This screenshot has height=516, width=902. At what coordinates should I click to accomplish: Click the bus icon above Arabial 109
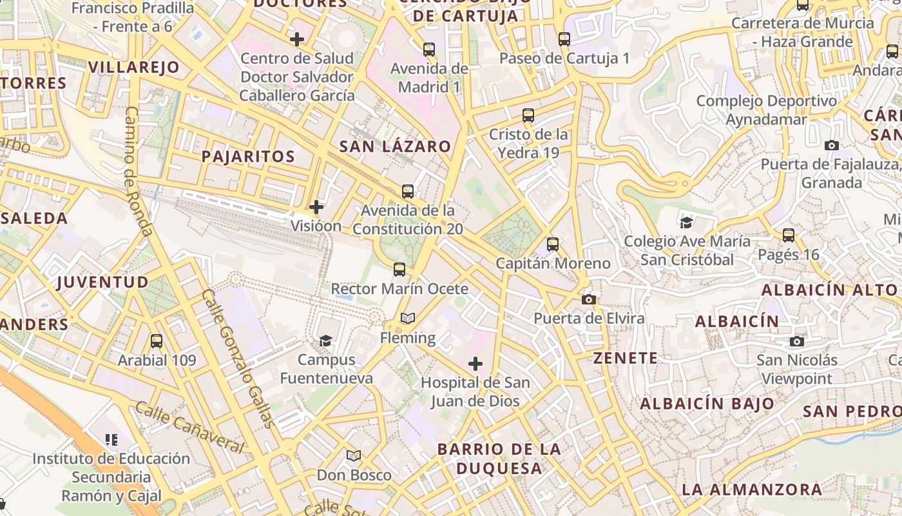pyautogui.click(x=156, y=341)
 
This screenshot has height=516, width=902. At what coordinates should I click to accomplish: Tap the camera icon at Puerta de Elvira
pyautogui.click(x=588, y=299)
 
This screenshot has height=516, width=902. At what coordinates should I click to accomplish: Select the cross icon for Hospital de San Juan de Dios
pyautogui.click(x=475, y=364)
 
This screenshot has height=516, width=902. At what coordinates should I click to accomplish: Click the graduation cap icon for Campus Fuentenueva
pyautogui.click(x=326, y=341)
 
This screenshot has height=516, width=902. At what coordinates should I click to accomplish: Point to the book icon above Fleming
pyautogui.click(x=407, y=318)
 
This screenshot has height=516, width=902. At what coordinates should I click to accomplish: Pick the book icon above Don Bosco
pyautogui.click(x=354, y=456)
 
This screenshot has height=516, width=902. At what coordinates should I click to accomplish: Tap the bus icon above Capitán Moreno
pyautogui.click(x=553, y=244)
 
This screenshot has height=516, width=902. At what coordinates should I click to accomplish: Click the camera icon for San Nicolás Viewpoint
pyautogui.click(x=797, y=341)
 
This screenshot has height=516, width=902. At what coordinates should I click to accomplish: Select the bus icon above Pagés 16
pyautogui.click(x=789, y=235)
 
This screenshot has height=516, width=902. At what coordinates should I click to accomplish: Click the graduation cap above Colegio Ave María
pyautogui.click(x=687, y=223)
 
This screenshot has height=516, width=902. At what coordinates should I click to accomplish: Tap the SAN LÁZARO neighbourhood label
pyautogui.click(x=395, y=146)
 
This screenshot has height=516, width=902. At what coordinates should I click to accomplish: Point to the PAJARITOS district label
pyautogui.click(x=248, y=156)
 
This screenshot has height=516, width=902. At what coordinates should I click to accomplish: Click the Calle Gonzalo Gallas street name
pyautogui.click(x=238, y=359)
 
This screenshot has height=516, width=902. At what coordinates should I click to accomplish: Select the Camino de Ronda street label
pyautogui.click(x=138, y=171)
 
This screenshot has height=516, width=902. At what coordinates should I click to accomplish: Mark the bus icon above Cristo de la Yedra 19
pyautogui.click(x=528, y=115)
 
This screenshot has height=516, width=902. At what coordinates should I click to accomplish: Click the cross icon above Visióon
pyautogui.click(x=316, y=207)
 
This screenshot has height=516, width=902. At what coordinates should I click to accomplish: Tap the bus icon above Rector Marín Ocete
pyautogui.click(x=399, y=270)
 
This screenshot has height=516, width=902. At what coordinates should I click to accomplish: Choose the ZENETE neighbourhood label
pyautogui.click(x=626, y=358)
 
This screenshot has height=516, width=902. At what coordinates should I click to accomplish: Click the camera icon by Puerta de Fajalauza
pyautogui.click(x=832, y=145)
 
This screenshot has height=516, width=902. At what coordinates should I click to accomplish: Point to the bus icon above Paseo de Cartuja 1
pyautogui.click(x=564, y=39)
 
